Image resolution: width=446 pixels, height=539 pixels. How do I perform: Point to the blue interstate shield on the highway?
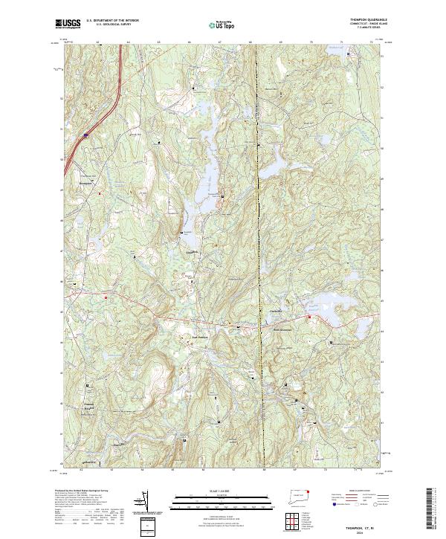point(85,135)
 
